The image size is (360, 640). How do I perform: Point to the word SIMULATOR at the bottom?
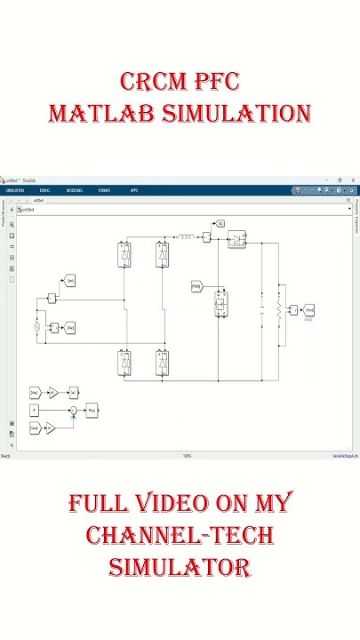[x=180, y=567]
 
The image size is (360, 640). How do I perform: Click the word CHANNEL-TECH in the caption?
[x=180, y=536]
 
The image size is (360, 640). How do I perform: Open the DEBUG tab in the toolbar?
[x=44, y=190]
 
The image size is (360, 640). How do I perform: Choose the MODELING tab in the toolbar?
[x=75, y=190]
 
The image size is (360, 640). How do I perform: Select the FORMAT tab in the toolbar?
[x=106, y=190]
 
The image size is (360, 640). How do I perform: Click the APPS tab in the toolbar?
[x=134, y=190]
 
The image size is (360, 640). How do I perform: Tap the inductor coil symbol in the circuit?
[x=188, y=237]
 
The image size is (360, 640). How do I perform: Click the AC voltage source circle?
[x=37, y=328]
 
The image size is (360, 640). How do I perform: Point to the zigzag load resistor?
[x=278, y=311]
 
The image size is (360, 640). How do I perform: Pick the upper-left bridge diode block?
[x=125, y=255]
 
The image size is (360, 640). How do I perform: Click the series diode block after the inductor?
[x=236, y=238]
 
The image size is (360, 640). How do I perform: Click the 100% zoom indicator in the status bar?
[x=188, y=456]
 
